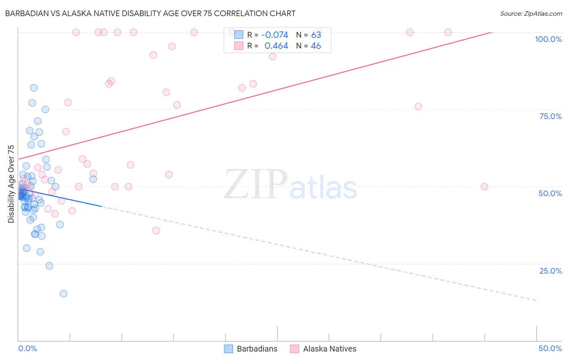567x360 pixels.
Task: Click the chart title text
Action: pyautogui.click(x=150, y=13)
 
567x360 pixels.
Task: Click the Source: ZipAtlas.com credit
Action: pyautogui.click(x=531, y=13)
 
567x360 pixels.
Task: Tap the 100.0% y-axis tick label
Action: pyautogui.click(x=548, y=39)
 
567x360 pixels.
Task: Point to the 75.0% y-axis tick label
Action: pyautogui.click(x=550, y=116)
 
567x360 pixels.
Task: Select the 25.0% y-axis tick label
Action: pyautogui.click(x=550, y=271)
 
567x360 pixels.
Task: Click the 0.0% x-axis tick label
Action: pyautogui.click(x=27, y=348)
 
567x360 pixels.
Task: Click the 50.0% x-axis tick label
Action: pyautogui.click(x=550, y=348)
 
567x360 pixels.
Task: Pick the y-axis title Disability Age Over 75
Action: pyautogui.click(x=11, y=184)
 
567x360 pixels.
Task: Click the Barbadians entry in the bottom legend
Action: pyautogui.click(x=257, y=349)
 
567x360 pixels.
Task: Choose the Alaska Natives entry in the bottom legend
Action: pyautogui.click(x=329, y=349)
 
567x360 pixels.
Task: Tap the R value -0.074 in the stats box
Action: pyautogui.click(x=275, y=35)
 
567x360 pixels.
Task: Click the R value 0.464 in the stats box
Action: pyautogui.click(x=276, y=46)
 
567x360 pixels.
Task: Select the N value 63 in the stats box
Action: pyautogui.click(x=316, y=35)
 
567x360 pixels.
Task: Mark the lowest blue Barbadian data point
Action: pyautogui.click(x=63, y=293)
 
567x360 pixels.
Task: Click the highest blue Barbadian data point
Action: pyautogui.click(x=34, y=88)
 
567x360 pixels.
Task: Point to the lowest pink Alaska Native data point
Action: pyautogui.click(x=156, y=230)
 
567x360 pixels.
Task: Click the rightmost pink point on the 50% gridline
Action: pyautogui.click(x=484, y=186)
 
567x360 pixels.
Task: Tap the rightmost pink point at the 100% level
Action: pyautogui.click(x=448, y=32)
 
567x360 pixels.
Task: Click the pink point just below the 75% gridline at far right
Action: pyautogui.click(x=418, y=107)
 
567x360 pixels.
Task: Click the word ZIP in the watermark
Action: pyautogui.click(x=256, y=184)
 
